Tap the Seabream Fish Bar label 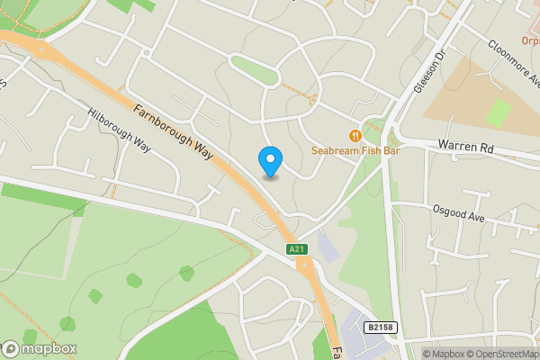coord(355,150)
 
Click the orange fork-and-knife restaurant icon coord(356,135)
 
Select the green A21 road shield coord(296,248)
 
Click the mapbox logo coord(40,349)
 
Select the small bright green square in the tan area coord(498,112)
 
